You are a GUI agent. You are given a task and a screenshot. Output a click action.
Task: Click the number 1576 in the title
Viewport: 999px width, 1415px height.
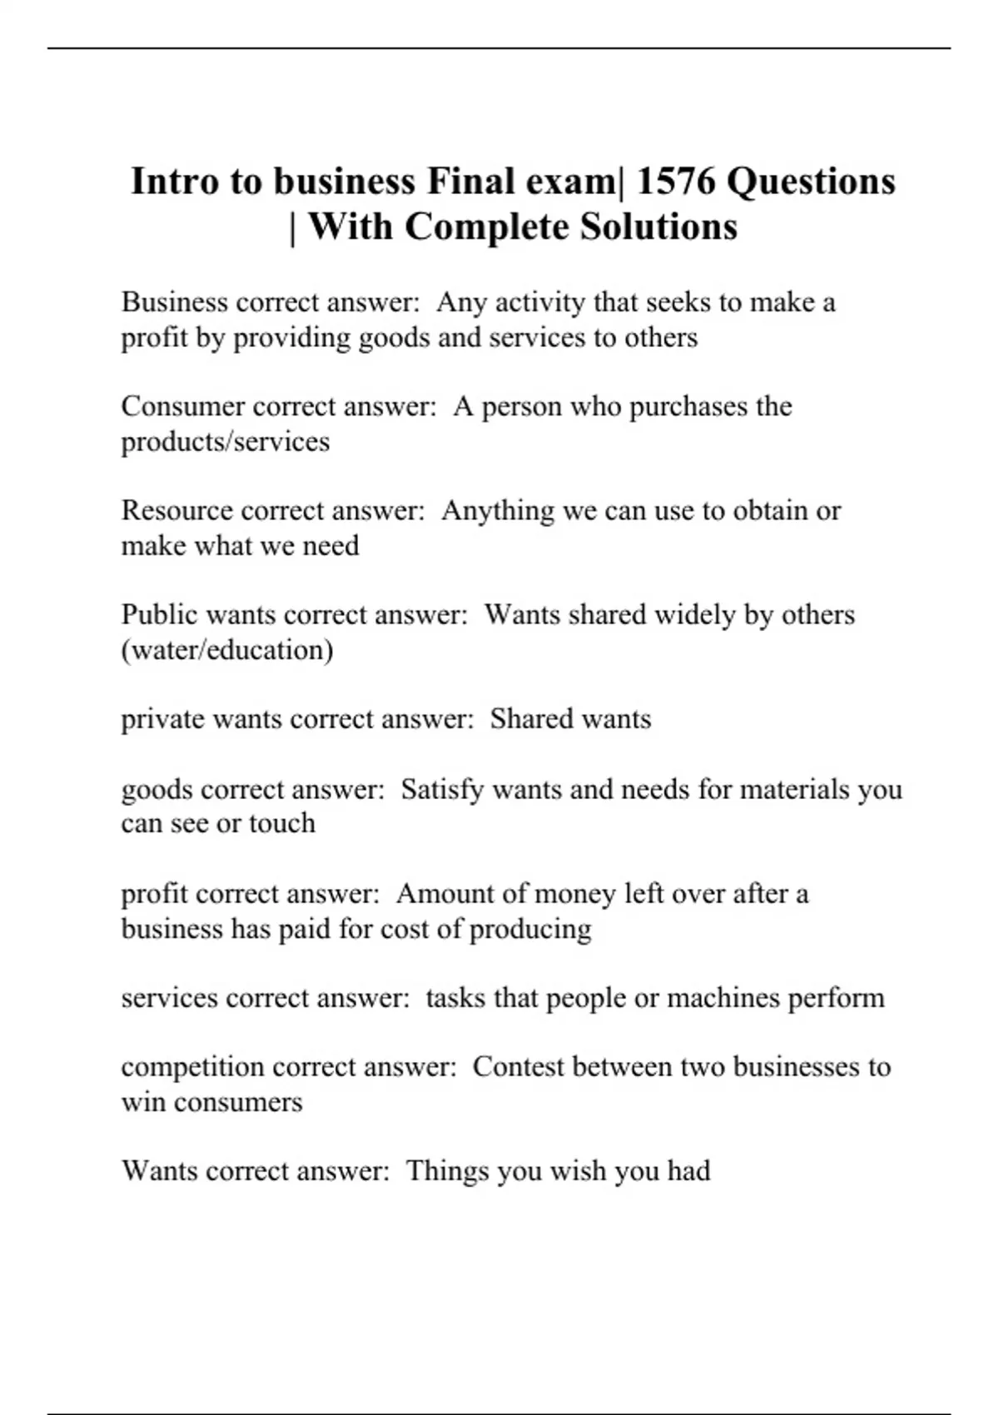click(x=675, y=181)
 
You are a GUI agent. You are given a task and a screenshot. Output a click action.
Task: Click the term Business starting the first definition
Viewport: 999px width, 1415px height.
click(x=174, y=301)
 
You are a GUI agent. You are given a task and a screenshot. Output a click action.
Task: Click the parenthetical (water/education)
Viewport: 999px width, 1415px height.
click(x=227, y=650)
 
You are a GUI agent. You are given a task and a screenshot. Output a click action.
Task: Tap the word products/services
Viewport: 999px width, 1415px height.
click(x=226, y=441)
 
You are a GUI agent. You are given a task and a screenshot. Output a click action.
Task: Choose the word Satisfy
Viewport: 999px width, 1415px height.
click(x=441, y=789)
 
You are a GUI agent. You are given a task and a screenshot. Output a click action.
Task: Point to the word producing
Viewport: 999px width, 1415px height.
click(x=530, y=929)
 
